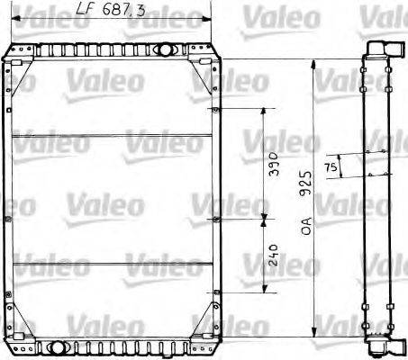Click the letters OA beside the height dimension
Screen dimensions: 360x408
point(308,220)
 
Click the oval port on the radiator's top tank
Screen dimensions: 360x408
point(164,49)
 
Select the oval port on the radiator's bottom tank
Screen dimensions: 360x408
point(59,346)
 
